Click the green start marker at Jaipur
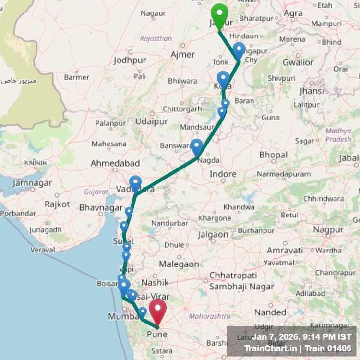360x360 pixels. pos(219,15)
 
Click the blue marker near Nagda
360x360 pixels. pos(197,147)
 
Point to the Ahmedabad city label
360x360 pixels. pos(115,164)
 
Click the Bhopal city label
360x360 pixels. pos(273,155)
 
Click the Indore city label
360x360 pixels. pos(223,174)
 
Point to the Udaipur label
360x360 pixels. pos(151,121)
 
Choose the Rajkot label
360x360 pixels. pos(57,204)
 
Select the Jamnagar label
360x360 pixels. pos(32,183)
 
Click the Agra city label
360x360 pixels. pos(293,13)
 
